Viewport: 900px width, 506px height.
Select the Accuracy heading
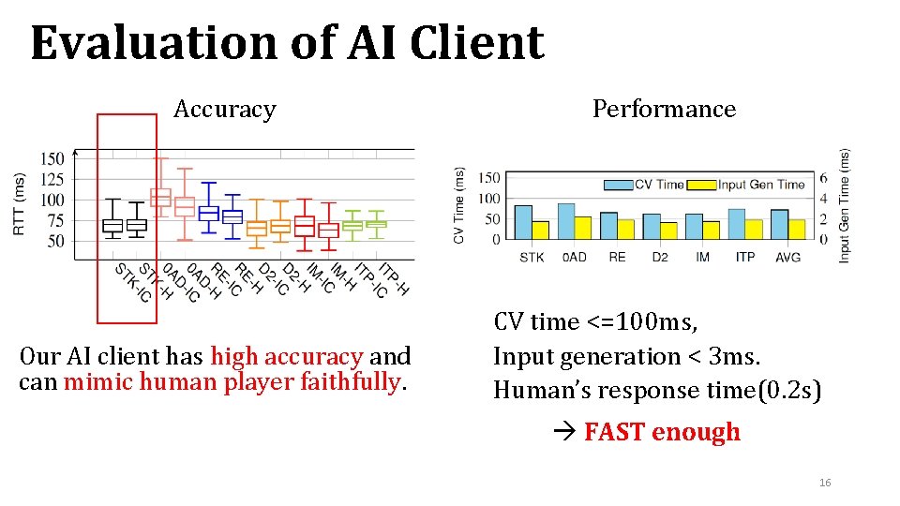[225, 110]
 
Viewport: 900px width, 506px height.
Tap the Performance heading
[664, 110]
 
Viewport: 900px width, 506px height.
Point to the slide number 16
[825, 483]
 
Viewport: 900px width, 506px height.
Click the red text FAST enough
[661, 432]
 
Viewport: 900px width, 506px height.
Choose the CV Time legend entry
[647, 185]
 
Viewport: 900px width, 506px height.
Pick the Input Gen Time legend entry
[750, 185]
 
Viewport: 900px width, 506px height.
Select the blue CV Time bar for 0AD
[566, 221]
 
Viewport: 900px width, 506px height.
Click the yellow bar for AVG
[797, 230]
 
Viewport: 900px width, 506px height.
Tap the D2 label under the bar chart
[659, 257]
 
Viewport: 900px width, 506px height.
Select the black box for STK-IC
[112, 226]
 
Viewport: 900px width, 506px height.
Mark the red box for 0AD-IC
[160, 197]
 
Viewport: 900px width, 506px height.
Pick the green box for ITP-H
[376, 224]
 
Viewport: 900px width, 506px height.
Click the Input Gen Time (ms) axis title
[844, 205]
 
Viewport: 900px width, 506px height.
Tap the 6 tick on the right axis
[823, 178]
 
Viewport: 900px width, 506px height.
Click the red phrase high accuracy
[287, 357]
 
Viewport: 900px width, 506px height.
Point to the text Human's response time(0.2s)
[657, 391]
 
